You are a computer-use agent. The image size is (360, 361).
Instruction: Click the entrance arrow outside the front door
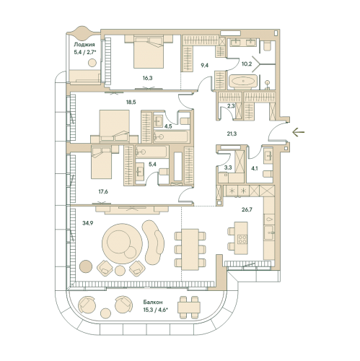point(298,132)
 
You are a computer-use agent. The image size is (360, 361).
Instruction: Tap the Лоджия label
point(84,45)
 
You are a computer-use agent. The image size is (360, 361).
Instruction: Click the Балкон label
point(153,302)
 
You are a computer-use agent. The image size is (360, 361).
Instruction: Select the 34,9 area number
point(87,223)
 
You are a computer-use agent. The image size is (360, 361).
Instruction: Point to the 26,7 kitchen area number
point(247,209)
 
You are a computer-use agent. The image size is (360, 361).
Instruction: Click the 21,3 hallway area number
point(232,134)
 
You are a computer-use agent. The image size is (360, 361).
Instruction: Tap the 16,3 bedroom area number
point(147,78)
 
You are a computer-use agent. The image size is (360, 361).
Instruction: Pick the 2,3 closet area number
point(231,105)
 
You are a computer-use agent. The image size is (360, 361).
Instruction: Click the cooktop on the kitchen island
point(242,239)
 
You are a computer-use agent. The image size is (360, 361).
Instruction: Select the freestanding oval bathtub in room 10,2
point(243,81)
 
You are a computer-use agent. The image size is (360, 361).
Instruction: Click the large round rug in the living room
point(122,244)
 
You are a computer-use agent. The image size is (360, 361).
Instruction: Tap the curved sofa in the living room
point(153,243)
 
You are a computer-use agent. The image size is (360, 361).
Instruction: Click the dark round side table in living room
point(86,266)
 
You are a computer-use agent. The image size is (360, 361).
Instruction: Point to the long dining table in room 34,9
point(190,249)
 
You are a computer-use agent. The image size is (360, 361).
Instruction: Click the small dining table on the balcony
point(189,308)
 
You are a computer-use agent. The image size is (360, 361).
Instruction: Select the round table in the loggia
point(92,63)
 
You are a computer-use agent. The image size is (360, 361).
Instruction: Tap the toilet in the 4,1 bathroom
point(268,174)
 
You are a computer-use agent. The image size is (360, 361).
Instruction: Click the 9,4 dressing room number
point(205,65)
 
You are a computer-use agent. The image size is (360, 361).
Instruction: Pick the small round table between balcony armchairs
point(105,313)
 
